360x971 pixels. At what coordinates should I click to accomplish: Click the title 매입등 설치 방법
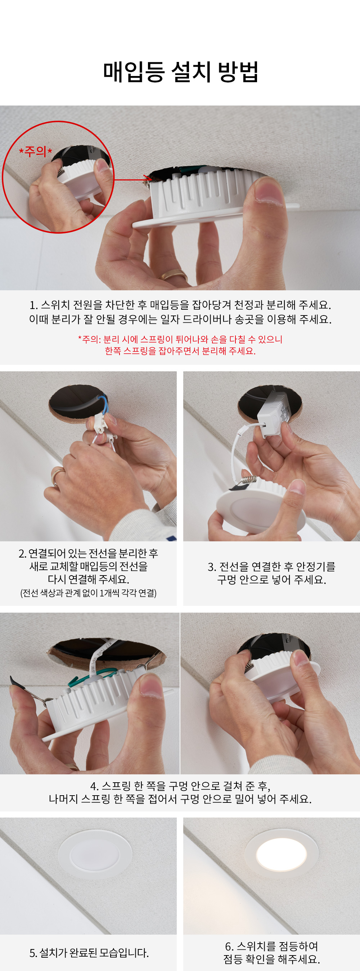click(x=181, y=71)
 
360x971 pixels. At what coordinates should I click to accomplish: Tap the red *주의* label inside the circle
click(x=35, y=152)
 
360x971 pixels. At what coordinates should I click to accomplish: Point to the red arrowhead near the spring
click(x=147, y=178)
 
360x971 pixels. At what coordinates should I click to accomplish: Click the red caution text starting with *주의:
click(x=180, y=345)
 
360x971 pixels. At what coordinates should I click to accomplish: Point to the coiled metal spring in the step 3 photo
click(x=249, y=480)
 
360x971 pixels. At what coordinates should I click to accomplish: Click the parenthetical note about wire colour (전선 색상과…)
click(x=88, y=593)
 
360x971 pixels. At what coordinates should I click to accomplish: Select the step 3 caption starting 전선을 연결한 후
click(x=271, y=573)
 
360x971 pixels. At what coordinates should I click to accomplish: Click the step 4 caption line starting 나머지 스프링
click(x=180, y=799)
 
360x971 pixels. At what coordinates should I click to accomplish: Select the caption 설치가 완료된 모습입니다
click(x=89, y=953)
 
